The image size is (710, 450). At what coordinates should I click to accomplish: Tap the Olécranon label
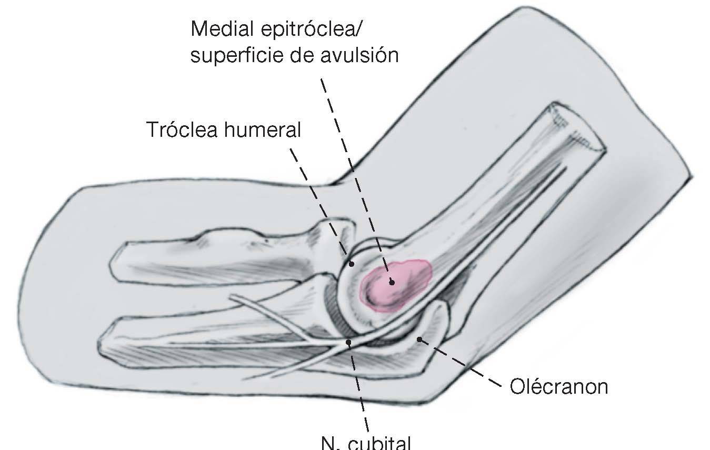point(558,387)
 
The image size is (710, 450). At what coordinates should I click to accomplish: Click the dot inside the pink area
point(392,283)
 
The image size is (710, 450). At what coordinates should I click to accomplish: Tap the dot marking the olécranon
point(419,339)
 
